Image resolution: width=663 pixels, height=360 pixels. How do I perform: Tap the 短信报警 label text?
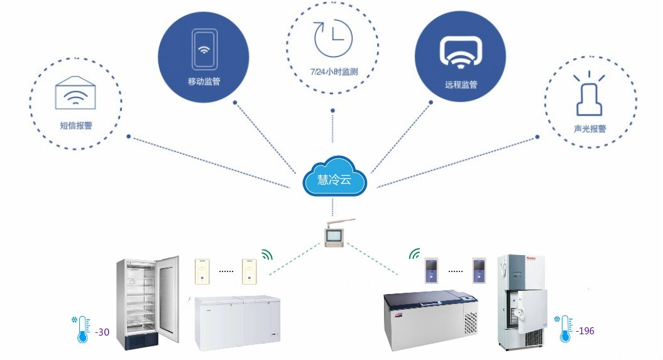tap(76, 126)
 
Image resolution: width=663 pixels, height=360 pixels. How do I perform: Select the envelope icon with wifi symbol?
tap(75, 92)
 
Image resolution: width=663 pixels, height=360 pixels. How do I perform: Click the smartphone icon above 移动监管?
tap(204, 49)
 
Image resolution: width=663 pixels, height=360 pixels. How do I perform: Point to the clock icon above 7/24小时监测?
tap(333, 37)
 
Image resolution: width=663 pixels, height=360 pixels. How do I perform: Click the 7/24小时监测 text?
tap(334, 72)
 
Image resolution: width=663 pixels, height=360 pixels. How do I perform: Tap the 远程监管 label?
tap(461, 85)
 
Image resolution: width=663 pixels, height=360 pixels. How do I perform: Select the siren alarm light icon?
tap(589, 94)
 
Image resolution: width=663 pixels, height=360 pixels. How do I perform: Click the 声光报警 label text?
tap(590, 128)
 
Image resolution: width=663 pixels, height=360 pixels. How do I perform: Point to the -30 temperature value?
tap(102, 332)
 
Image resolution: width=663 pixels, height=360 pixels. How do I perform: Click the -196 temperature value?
tap(585, 331)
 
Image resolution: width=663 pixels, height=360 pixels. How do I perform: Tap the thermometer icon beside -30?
tap(82, 329)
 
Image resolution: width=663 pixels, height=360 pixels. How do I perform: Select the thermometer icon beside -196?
tap(564, 329)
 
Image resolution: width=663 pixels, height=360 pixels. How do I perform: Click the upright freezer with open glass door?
tap(148, 303)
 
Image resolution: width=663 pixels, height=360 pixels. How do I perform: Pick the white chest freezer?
tap(238, 323)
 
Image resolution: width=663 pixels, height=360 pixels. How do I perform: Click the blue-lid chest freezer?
tap(431, 320)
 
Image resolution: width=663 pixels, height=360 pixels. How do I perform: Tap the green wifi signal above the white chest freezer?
tap(267, 254)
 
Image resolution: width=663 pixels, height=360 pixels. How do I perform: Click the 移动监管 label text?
tap(204, 82)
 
